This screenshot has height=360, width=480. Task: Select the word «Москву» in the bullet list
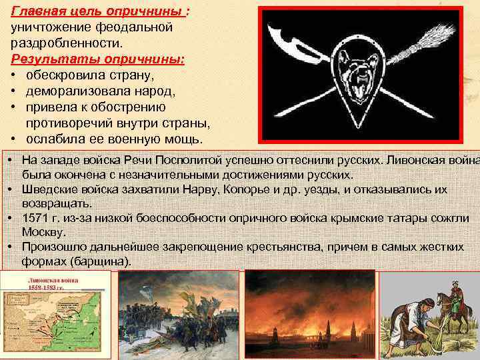43,232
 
